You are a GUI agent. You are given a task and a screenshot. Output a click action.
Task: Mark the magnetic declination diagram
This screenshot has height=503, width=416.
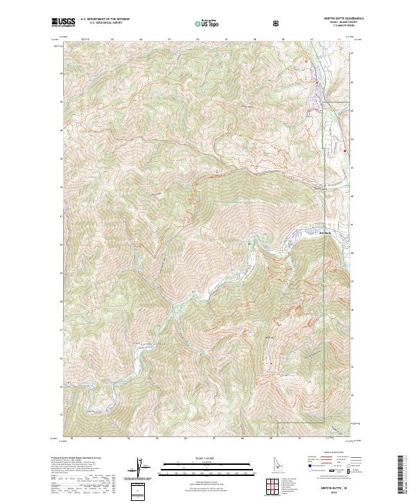pyautogui.click(x=142, y=468)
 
